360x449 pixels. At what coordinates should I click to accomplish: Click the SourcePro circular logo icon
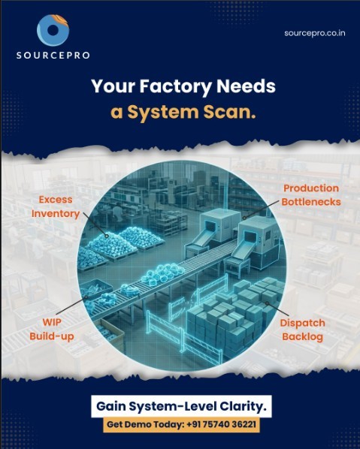tap(53, 30)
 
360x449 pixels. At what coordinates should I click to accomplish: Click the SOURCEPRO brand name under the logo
tap(53, 56)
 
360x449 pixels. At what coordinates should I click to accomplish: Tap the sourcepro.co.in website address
tap(315, 33)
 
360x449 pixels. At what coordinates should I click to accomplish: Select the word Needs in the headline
tap(246, 86)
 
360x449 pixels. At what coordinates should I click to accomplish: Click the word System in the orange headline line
tap(163, 113)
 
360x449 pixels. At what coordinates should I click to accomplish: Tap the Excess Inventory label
tap(56, 206)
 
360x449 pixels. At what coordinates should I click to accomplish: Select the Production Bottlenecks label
tap(311, 195)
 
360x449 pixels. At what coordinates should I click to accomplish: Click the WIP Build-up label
tap(52, 329)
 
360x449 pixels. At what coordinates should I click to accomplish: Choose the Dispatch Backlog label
tap(303, 330)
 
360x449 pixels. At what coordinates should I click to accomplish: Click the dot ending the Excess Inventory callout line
tap(107, 237)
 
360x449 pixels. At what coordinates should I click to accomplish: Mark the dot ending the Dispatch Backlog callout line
tap(267, 303)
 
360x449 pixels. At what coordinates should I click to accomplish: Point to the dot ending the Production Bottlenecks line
tap(244, 218)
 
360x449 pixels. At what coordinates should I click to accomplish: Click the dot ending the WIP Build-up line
tap(86, 297)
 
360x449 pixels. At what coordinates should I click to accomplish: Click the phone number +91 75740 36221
tap(221, 424)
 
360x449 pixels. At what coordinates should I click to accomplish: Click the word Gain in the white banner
tap(110, 407)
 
